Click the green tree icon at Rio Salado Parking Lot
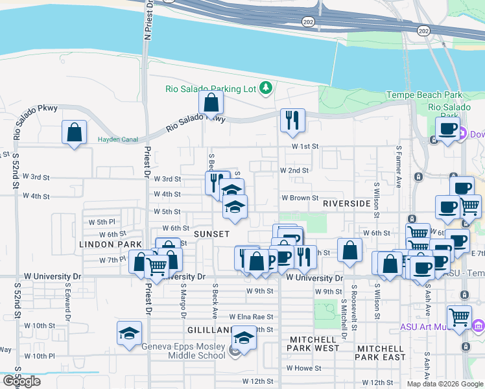[x=265, y=88]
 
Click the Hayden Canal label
[x=115, y=139]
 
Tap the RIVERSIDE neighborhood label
[x=347, y=204]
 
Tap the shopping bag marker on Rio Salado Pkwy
[x=211, y=102]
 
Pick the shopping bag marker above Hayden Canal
[x=75, y=133]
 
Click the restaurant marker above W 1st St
[x=292, y=120]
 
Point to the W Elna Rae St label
[x=251, y=317]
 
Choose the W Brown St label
[x=299, y=198]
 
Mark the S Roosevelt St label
[x=354, y=301]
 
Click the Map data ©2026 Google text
[x=444, y=384]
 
